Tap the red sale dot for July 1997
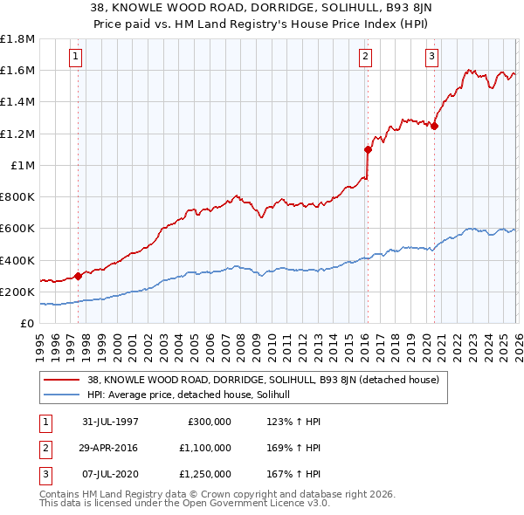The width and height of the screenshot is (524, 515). point(79,276)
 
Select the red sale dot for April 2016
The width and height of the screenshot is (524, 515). point(368,149)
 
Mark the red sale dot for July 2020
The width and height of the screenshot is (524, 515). point(434,126)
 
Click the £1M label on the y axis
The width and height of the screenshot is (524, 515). point(23,165)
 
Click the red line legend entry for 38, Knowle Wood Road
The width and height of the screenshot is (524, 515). point(268,380)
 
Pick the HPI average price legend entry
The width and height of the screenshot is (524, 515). point(194,395)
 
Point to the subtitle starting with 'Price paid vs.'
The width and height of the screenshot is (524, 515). point(262,24)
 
